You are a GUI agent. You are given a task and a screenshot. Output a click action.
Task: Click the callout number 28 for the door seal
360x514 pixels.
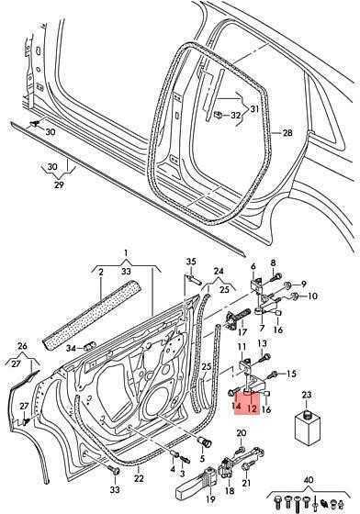click(x=287, y=133)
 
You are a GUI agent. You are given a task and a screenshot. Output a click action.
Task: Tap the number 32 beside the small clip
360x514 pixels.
click(x=236, y=116)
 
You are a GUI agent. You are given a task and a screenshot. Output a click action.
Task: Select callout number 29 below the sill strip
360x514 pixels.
click(x=59, y=184)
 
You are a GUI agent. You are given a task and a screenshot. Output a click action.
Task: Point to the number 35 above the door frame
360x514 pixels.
click(x=191, y=262)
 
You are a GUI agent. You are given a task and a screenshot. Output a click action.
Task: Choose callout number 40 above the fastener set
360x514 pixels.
click(x=309, y=480)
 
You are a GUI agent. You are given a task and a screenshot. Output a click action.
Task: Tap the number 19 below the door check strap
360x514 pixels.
click(x=211, y=499)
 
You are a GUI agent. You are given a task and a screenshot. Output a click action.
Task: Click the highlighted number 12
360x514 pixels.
click(x=252, y=408)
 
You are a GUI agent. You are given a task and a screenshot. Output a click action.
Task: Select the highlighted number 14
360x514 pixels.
click(x=236, y=407)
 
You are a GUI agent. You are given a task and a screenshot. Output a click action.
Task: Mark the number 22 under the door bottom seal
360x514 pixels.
click(x=139, y=478)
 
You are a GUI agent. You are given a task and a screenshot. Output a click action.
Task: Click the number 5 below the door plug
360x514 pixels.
click(x=202, y=459)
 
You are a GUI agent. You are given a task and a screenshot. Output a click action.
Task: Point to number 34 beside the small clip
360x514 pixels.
click(x=71, y=348)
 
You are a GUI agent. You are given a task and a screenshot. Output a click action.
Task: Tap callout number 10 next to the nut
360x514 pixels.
click(x=312, y=296)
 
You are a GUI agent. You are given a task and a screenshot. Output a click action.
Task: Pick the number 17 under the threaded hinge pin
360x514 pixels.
click(x=242, y=332)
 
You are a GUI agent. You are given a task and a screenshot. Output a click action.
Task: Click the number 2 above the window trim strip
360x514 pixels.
click(x=101, y=272)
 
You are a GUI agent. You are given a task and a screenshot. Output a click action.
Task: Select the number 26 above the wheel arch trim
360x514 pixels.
click(x=23, y=346)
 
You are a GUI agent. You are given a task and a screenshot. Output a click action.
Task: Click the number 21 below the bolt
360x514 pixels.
click(x=246, y=482)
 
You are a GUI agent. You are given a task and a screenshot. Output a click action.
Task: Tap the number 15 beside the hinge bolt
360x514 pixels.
click(x=291, y=374)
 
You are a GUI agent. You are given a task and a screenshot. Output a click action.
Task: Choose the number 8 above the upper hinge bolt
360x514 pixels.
click(x=273, y=263)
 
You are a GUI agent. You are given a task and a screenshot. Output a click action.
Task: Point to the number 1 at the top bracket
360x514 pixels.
click(x=126, y=252)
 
